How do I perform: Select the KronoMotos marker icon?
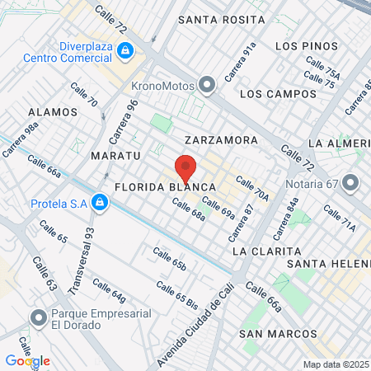coord(206,85)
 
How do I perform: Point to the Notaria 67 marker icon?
coord(351,181)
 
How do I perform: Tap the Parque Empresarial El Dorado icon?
coord(38,317)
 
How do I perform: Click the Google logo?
coord(27,360)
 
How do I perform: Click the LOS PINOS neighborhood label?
coord(307,45)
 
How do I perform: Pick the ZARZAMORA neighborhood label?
coord(221,140)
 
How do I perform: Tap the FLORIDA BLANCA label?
coord(166,187)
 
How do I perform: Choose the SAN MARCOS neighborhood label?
coord(278,334)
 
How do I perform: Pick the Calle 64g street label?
coord(109,289)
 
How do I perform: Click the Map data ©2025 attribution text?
coord(335,364)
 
